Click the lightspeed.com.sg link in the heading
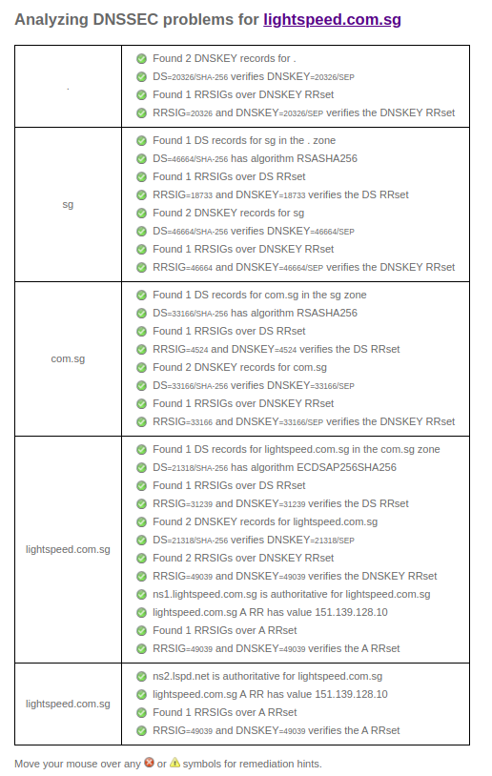pos(332,19)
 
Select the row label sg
pos(68,204)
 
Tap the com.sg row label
pos(68,358)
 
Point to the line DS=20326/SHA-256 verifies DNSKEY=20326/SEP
pos(254,77)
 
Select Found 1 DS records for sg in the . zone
pos(244,140)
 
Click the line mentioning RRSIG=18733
pos(280,194)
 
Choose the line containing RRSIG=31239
pos(280,503)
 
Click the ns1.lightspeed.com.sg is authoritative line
pos(291,594)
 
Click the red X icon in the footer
pos(149,763)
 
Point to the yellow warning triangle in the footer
pos(175,763)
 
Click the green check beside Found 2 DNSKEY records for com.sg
pos(141,367)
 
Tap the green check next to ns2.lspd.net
pos(141,676)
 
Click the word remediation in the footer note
pos(251,764)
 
